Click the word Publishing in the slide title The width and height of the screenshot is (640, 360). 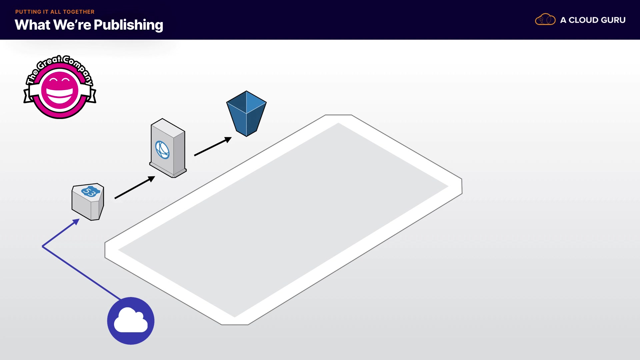point(128,25)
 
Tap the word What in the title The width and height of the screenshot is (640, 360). point(32,25)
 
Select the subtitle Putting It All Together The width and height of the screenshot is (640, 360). point(55,12)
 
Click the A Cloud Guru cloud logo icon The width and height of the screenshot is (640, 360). point(545,20)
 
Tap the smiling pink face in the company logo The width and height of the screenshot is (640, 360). point(60,90)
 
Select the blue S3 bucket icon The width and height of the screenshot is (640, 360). point(246,113)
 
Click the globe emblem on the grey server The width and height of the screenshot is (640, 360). point(162,150)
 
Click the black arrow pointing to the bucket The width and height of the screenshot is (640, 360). point(213,146)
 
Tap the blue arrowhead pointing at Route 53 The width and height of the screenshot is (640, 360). point(76,221)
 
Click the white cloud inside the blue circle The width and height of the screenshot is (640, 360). point(131,321)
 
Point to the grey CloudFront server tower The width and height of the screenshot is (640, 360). point(168,148)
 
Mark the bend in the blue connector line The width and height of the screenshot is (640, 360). point(43,246)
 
